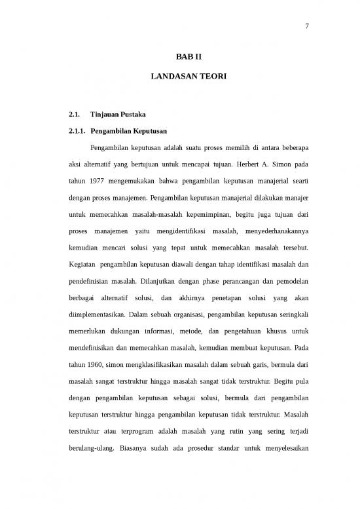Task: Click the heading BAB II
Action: click(179, 58)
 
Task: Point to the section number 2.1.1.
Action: click(78, 130)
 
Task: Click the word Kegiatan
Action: click(82, 264)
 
